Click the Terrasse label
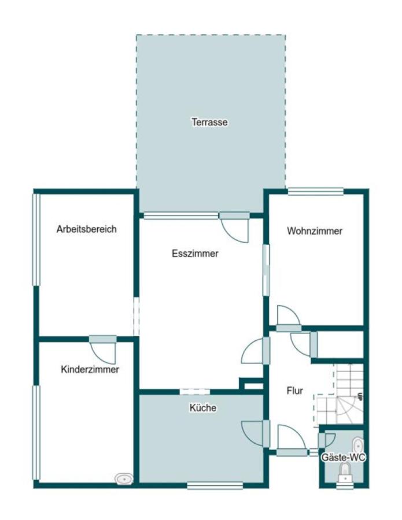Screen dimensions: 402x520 pyautogui.click(x=209, y=122)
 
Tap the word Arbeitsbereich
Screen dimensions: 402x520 pyautogui.click(x=86, y=229)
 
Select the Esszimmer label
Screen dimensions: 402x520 pyautogui.click(x=195, y=254)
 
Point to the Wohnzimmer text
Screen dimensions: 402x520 pyautogui.click(x=314, y=231)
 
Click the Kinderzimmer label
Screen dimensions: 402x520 pyautogui.click(x=90, y=369)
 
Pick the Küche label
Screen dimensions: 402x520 pyautogui.click(x=203, y=407)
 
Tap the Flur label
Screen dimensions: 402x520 pyautogui.click(x=295, y=391)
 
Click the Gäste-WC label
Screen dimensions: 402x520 pyautogui.click(x=343, y=458)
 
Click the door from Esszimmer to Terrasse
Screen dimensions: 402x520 pyautogui.click(x=235, y=227)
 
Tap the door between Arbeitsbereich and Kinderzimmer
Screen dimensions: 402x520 pyautogui.click(x=103, y=350)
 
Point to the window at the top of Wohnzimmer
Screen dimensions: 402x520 pyautogui.click(x=315, y=191)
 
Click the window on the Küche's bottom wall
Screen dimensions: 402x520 pyautogui.click(x=215, y=485)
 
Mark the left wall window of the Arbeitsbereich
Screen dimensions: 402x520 pyautogui.click(x=36, y=239)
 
